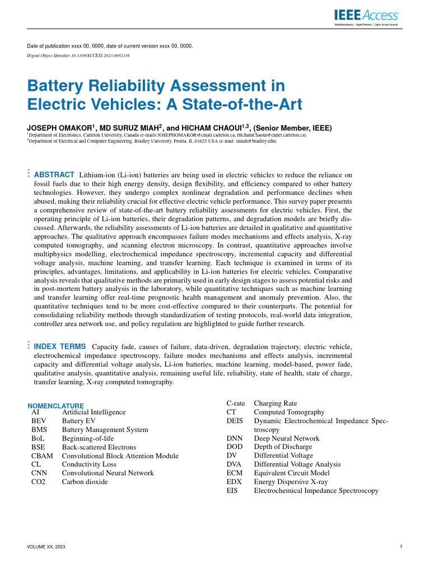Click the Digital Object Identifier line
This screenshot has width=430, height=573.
pos(78,57)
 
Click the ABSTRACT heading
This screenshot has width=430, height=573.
pos(54,175)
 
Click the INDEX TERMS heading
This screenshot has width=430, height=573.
pos(60,347)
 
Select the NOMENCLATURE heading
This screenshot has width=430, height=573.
pos(55,406)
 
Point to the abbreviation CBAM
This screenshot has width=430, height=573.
pos(42,456)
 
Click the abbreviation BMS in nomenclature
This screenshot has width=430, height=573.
pos(39,430)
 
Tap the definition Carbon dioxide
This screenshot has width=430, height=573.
pos(85,481)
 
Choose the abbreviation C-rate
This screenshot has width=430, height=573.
pos(236,403)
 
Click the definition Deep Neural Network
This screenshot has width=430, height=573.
pos(287,438)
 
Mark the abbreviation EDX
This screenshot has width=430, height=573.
pos(234,482)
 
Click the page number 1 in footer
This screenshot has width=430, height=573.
pos(401,546)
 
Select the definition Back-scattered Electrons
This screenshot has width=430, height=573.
pos(99,447)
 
